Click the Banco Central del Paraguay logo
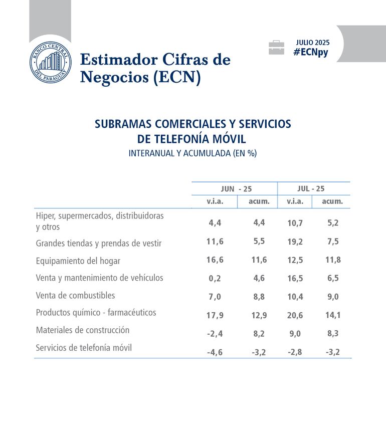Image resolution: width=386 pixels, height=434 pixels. coord(50,64)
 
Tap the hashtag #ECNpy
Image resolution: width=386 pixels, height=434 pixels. coord(311,52)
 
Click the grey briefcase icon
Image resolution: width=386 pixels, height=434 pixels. coord(276,48)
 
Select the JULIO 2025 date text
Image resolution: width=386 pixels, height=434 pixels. coord(313,43)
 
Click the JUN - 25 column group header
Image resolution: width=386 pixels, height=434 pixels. coord(236,189)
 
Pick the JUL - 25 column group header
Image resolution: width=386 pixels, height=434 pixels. coord(311,189)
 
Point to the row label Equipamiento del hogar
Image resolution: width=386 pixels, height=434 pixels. coord(78,261)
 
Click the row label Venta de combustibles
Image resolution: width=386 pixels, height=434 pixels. coord(75,295)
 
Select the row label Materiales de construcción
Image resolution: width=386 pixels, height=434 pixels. coord(83,330)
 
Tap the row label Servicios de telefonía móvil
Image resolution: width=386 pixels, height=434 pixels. coord(84,347)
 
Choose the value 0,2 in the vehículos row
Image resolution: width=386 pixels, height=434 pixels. coord(215,278)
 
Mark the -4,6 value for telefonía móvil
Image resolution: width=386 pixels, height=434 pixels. coord(215,352)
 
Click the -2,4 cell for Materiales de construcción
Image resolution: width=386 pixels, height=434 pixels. coord(215,333)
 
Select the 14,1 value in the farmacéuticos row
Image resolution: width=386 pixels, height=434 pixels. coord(333,315)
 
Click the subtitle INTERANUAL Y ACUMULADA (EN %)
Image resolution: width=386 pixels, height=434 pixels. coord(192,153)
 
